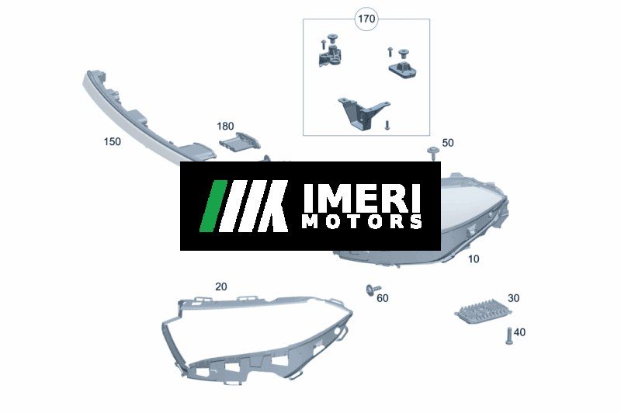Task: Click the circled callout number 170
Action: [366, 19]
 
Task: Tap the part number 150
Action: [112, 141]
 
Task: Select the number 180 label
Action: [225, 126]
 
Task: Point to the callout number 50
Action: [448, 143]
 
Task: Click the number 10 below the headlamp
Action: [474, 259]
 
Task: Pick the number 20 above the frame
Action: [221, 286]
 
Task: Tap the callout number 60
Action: [382, 298]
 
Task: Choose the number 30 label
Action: [513, 298]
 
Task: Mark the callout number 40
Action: [519, 331]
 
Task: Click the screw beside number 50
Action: [433, 153]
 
